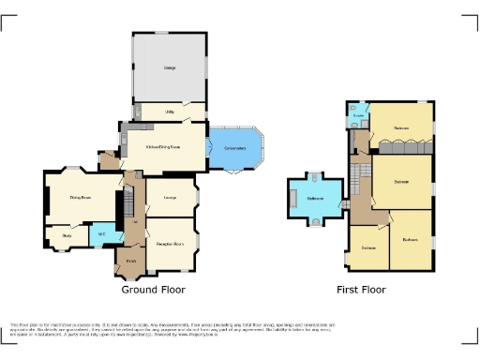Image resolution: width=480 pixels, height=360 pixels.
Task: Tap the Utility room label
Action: coord(170,112)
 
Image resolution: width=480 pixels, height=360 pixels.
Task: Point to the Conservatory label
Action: coord(233,147)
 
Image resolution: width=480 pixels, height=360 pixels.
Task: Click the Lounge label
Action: coord(171,197)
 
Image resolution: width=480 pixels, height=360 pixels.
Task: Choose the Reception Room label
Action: coord(170,243)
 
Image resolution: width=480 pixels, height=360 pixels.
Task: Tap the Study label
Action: coord(67,236)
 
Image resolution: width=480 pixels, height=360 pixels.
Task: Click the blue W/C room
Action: coord(101,234)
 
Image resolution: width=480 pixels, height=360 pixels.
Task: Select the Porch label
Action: coord(131,262)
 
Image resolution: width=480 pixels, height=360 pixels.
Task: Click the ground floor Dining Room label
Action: coord(80,197)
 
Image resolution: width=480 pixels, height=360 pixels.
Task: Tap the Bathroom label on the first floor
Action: coord(316,198)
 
